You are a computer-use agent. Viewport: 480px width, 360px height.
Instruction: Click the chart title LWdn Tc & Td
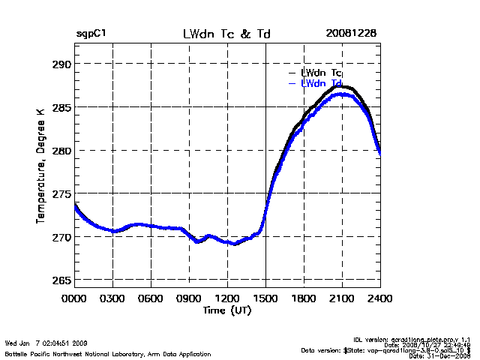pos(227,34)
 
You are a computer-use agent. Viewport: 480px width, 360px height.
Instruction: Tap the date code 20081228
pos(351,34)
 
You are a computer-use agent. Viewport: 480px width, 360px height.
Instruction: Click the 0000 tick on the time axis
pos(75,298)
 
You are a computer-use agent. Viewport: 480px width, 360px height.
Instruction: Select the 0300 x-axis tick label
pos(112,298)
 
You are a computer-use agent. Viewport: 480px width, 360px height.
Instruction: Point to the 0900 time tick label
pos(189,298)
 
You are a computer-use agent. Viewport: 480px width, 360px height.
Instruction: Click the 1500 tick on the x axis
pos(265,298)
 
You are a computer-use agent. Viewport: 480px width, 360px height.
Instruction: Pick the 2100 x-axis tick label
pos(342,298)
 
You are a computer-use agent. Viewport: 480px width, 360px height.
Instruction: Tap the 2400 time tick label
pos(379,298)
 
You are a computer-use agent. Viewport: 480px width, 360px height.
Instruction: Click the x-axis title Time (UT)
pos(227,310)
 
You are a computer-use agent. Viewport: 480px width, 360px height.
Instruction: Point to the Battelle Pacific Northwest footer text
pos(108,353)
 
